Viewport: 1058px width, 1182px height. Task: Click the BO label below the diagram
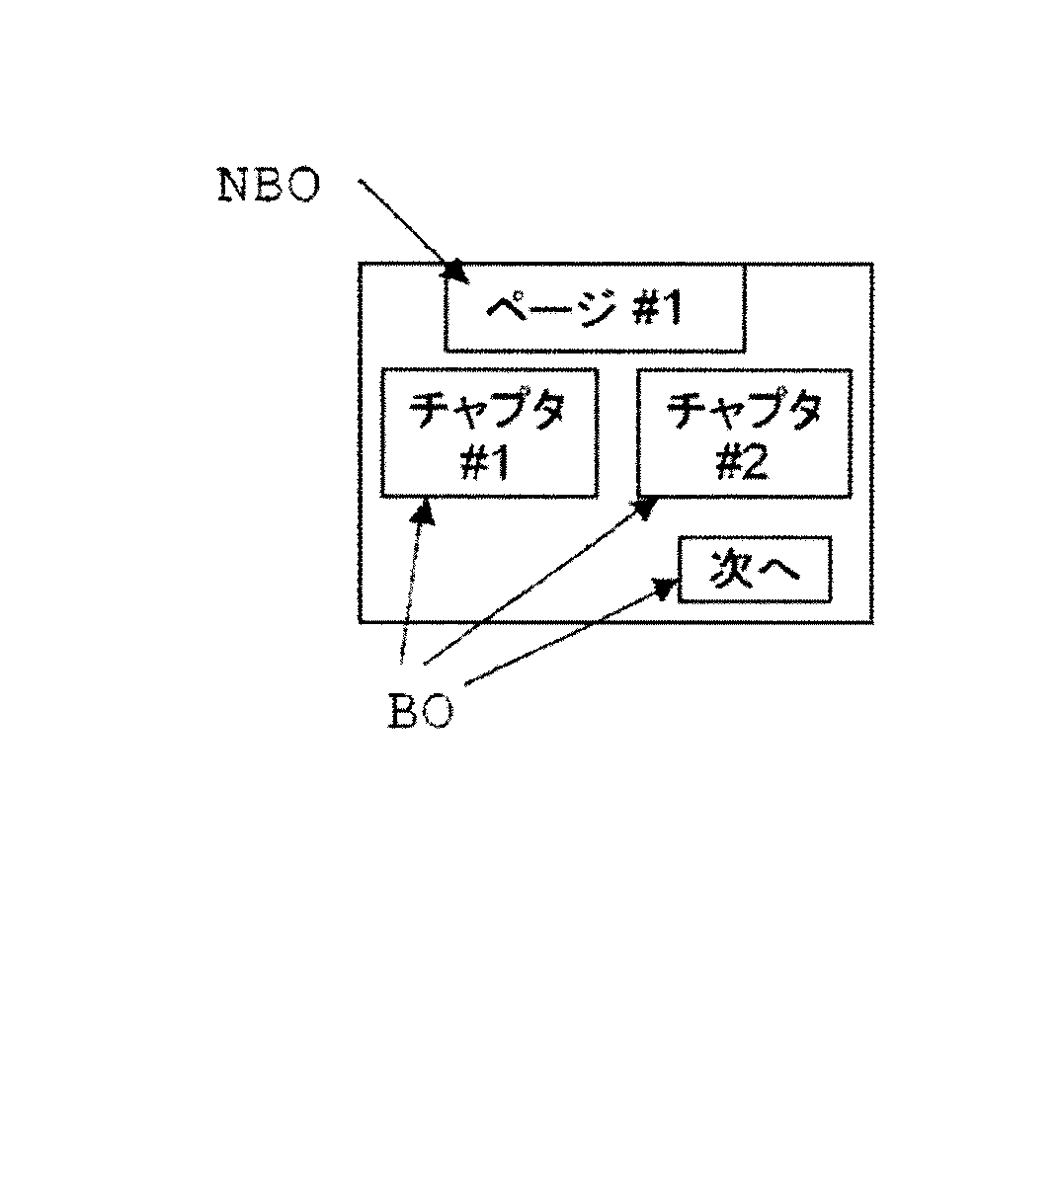click(421, 711)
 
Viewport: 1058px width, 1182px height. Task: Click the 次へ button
click(755, 569)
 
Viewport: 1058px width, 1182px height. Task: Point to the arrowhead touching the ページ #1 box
click(453, 270)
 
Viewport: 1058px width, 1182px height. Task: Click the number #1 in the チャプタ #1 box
click(488, 460)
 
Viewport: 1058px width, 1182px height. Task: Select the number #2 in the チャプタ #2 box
click(744, 460)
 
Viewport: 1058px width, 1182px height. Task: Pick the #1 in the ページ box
click(657, 311)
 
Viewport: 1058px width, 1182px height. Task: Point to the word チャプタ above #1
click(489, 410)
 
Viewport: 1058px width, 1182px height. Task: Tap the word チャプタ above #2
click(744, 410)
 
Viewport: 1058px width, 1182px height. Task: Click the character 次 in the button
click(732, 569)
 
